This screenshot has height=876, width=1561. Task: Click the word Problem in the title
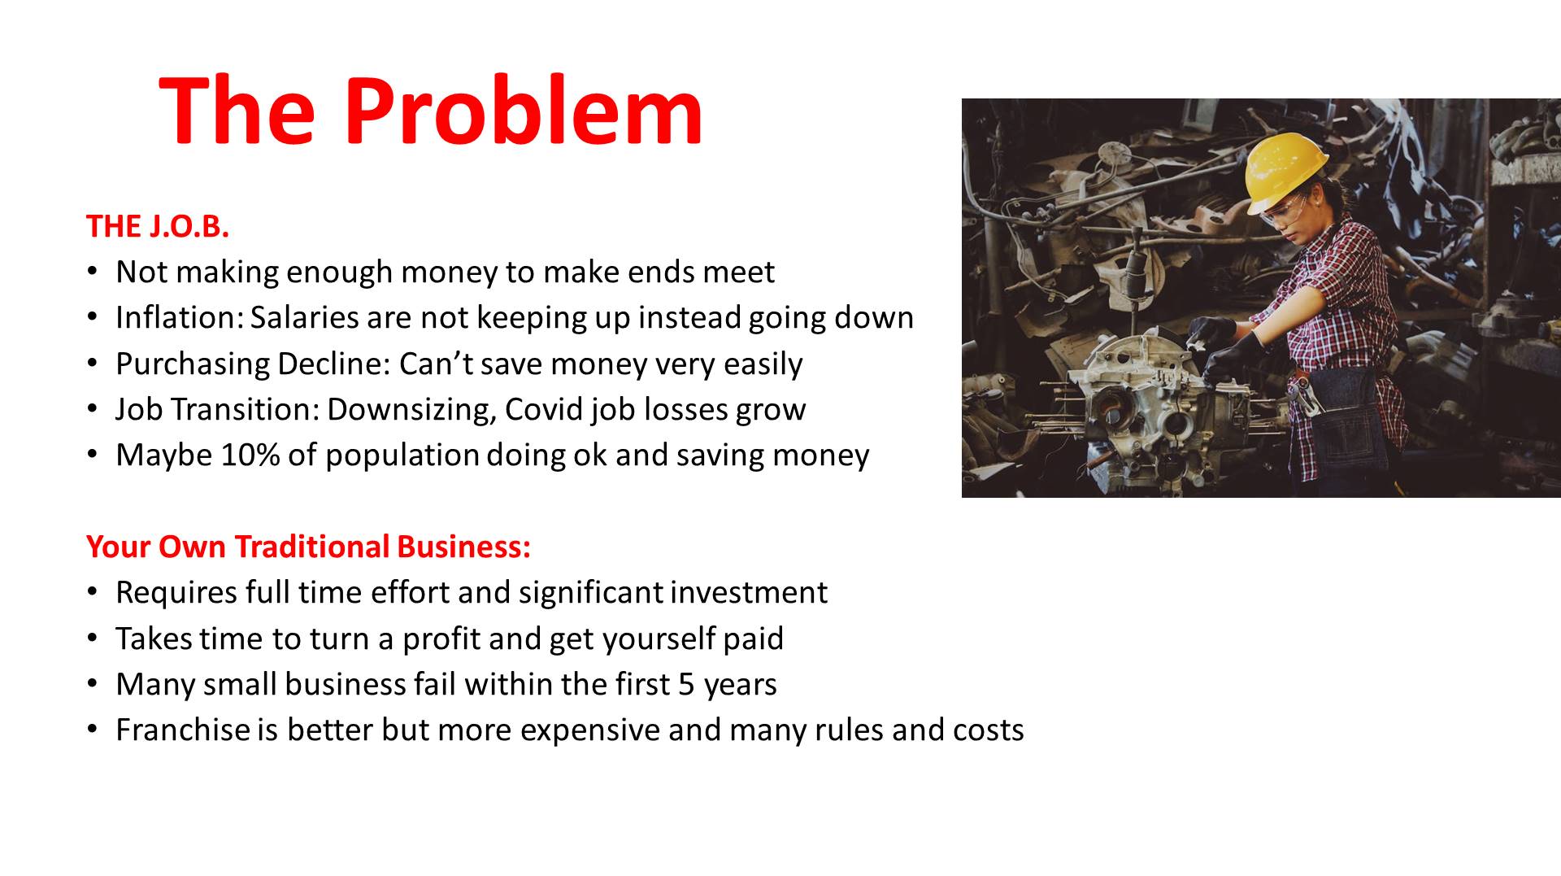point(524,109)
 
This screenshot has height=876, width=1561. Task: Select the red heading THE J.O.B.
point(158,226)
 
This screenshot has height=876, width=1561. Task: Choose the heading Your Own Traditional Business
point(308,547)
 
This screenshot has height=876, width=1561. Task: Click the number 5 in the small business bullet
point(686,685)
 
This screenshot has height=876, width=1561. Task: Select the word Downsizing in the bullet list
point(412,410)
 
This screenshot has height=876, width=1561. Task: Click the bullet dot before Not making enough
point(93,272)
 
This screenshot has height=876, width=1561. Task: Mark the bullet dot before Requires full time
point(93,592)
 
